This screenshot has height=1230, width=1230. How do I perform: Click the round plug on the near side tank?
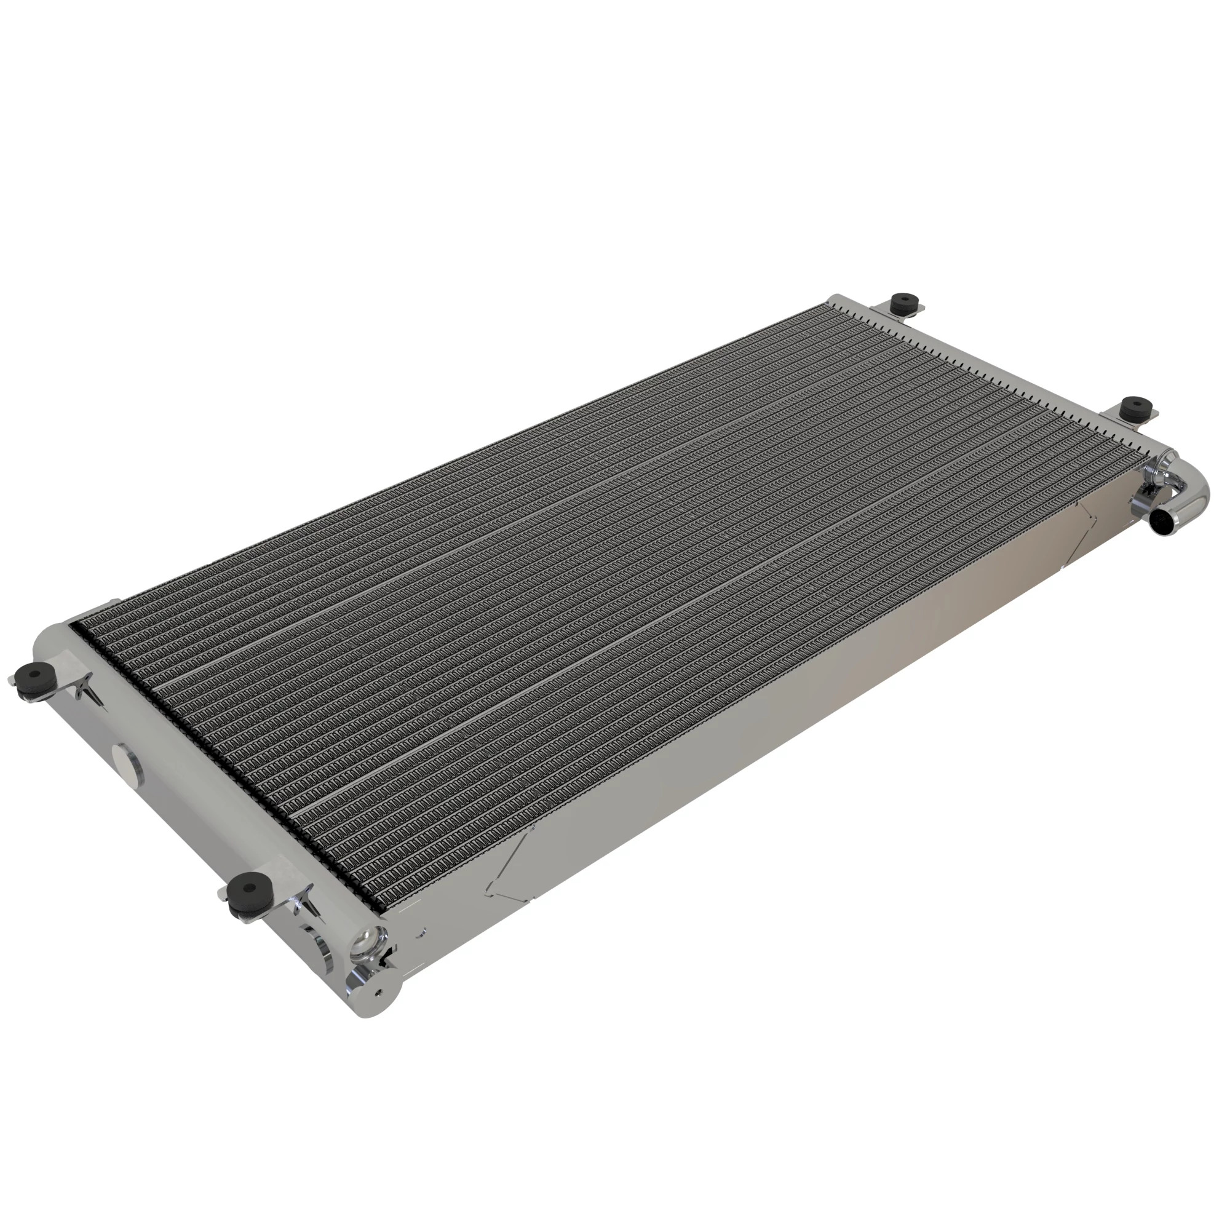click(127, 760)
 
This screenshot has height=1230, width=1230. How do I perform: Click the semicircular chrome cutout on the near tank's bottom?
click(324, 951)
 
